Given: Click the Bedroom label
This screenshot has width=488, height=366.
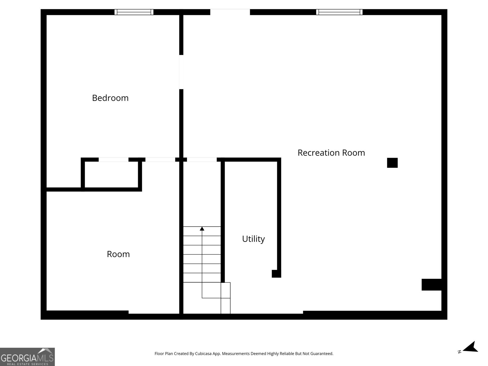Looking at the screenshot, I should tap(110, 98).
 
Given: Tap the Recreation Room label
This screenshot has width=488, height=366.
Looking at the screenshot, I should tap(331, 152).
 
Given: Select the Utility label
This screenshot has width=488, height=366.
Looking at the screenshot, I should tap(253, 239).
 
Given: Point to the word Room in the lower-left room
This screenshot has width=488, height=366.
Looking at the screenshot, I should tap(118, 254).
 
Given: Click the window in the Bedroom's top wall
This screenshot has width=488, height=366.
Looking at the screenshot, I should tap(134, 12).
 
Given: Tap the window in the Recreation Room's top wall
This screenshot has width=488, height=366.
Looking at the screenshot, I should tap(339, 12).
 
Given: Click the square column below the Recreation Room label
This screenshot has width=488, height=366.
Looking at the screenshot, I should tap(392, 163).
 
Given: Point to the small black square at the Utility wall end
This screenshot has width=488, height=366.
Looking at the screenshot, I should tap(276, 274).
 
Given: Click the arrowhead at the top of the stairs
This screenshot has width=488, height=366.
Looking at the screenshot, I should tap(202, 228).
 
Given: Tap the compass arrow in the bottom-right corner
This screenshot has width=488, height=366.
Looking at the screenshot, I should tap(471, 347).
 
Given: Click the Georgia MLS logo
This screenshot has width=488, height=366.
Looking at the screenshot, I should tap(27, 357).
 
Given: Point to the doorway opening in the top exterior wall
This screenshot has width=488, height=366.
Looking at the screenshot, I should tap(230, 12).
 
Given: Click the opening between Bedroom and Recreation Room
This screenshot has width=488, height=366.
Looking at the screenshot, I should tap(181, 72).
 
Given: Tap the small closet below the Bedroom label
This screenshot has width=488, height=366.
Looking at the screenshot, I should tap(111, 174).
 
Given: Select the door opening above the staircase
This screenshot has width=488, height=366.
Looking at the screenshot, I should tap(202, 160).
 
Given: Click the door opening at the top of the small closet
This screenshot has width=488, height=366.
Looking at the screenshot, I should tap(113, 160).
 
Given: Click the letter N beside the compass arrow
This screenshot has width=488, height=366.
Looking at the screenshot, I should tap(459, 352).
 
